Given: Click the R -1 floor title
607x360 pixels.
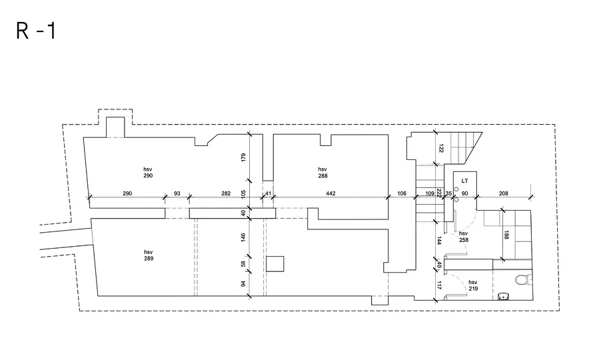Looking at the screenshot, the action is pyautogui.click(x=36, y=31).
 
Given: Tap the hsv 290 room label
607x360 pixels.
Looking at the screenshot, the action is pyautogui.click(x=148, y=173).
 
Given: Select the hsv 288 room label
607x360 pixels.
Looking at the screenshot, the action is pyautogui.click(x=322, y=173).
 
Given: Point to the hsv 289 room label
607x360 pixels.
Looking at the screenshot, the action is pyautogui.click(x=149, y=255).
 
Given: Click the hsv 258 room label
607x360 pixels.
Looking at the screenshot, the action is pyautogui.click(x=464, y=237).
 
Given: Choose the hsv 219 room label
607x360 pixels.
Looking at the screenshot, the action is pyautogui.click(x=473, y=285).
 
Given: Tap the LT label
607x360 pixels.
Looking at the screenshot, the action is pyautogui.click(x=465, y=181).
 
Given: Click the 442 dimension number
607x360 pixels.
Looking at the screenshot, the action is pyautogui.click(x=330, y=193).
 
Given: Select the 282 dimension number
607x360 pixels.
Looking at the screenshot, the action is pyautogui.click(x=226, y=193).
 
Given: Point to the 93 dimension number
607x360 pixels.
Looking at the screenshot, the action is pyautogui.click(x=177, y=193).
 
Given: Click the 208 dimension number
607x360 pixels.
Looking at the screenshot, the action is pyautogui.click(x=504, y=193).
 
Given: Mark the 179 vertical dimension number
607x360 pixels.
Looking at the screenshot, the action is pyautogui.click(x=243, y=157).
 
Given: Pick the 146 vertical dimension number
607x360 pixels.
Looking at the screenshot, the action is pyautogui.click(x=243, y=237).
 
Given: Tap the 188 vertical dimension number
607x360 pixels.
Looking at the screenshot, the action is pyautogui.click(x=506, y=235).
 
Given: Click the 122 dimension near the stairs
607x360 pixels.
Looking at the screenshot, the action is pyautogui.click(x=441, y=149).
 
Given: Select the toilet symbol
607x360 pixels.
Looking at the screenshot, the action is pyautogui.click(x=524, y=279).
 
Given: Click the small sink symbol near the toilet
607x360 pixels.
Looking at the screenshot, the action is pyautogui.click(x=504, y=297).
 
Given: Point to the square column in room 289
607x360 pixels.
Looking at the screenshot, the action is pyautogui.click(x=275, y=264).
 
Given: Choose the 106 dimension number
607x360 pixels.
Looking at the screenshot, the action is pyautogui.click(x=402, y=193).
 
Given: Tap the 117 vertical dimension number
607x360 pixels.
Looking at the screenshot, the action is pyautogui.click(x=438, y=285).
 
